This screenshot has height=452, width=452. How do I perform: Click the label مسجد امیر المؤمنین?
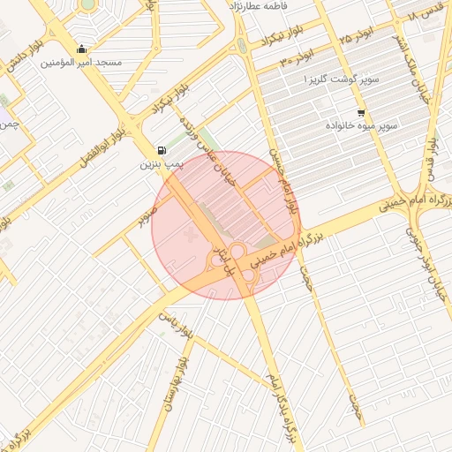[86, 64]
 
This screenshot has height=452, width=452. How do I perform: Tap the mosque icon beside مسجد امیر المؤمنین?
[82, 49]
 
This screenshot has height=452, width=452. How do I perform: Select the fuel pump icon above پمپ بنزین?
[161, 150]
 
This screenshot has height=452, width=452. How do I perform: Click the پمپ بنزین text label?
[162, 164]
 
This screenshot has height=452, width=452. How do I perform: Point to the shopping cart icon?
[361, 113]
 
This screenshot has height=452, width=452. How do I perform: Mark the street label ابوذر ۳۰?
[298, 60]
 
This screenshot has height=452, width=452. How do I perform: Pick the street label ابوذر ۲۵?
[358, 36]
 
